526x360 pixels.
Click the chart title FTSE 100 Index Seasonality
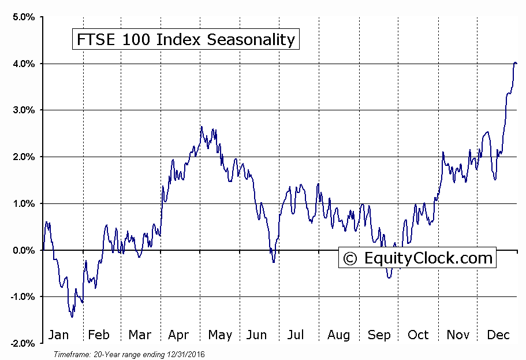coord(185,39)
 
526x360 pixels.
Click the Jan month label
coord(58,335)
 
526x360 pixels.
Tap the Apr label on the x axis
coord(178,335)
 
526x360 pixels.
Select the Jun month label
coord(256,335)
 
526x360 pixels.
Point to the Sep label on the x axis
coord(378,335)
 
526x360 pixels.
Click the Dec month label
coord(497,335)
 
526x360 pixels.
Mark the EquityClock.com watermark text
coord(428,257)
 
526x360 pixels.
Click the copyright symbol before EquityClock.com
coord(350,258)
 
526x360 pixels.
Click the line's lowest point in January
coord(72,317)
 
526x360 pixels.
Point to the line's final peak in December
coord(514,62)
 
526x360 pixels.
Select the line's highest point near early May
coord(202,127)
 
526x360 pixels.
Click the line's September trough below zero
coord(389,278)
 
